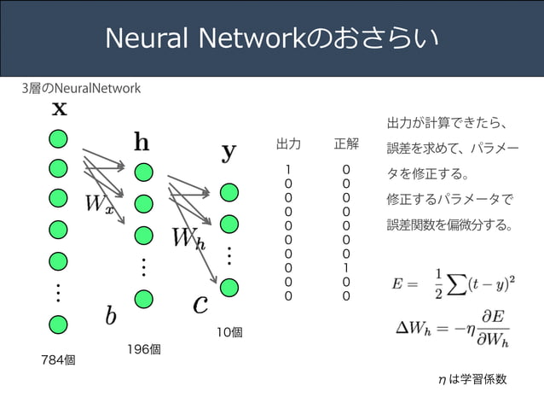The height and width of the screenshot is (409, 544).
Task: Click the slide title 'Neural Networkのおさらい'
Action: click(272, 38)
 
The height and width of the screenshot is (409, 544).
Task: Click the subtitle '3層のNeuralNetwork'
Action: click(81, 88)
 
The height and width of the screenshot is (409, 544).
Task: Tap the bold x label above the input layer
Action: click(60, 108)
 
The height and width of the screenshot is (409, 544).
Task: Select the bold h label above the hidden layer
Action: click(142, 142)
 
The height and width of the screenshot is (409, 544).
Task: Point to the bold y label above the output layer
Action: click(229, 153)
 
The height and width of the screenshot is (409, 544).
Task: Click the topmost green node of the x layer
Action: click(58, 139)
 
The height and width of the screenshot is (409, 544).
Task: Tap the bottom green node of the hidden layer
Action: click(143, 299)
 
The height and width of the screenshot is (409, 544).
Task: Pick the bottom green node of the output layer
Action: click(229, 288)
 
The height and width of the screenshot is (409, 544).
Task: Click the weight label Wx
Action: click(100, 204)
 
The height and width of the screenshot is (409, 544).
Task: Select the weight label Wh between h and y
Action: click(189, 239)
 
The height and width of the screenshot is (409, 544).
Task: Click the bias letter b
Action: click(111, 316)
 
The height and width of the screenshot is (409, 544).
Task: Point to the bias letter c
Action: click(200, 304)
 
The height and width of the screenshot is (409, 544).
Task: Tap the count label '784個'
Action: click(58, 360)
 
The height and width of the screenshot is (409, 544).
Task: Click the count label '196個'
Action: click(144, 349)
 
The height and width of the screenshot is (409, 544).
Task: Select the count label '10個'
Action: click(229, 332)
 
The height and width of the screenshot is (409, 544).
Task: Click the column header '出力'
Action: click(288, 143)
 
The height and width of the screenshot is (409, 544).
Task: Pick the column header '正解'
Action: click(346, 143)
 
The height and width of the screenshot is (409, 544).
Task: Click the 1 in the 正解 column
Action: click(346, 268)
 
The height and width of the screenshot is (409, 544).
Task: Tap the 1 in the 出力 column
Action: click(288, 170)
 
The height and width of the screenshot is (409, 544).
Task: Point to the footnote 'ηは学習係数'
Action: click(472, 379)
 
